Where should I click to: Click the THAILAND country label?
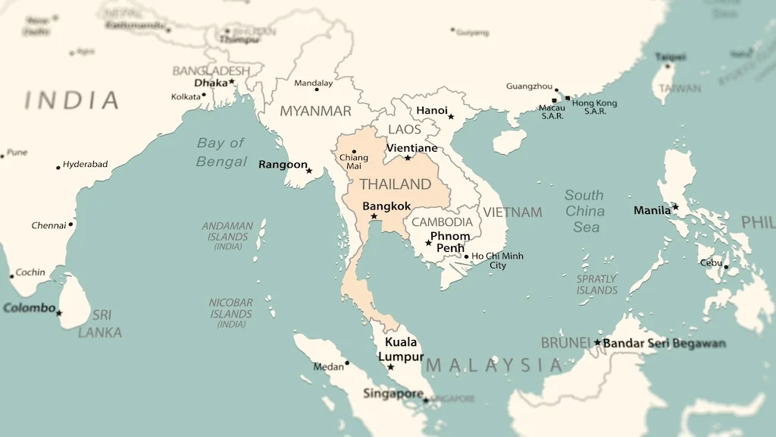coord(395,184)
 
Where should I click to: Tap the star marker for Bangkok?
coord(374,216)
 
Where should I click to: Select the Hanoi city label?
coord(432,111)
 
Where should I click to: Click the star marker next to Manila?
coord(675,206)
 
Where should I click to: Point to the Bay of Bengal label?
coord(221,152)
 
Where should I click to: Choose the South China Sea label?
coord(585,211)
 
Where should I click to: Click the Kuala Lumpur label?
coord(401,349)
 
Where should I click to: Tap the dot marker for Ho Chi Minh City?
coord(466,256)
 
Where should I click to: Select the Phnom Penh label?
coord(449,242)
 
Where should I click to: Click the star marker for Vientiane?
coord(408,158)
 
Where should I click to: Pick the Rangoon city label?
coord(283,165)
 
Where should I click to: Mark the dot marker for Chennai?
coord(70,224)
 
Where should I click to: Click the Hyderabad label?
coord(85,164)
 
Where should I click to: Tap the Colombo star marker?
coord(59,313)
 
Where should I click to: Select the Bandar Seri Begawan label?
coord(664,344)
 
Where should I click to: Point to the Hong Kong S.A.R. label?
coord(594,107)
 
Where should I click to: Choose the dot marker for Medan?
coord(347,363)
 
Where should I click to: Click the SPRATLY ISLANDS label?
coord(596,285)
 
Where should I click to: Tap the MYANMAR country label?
coord(315,112)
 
